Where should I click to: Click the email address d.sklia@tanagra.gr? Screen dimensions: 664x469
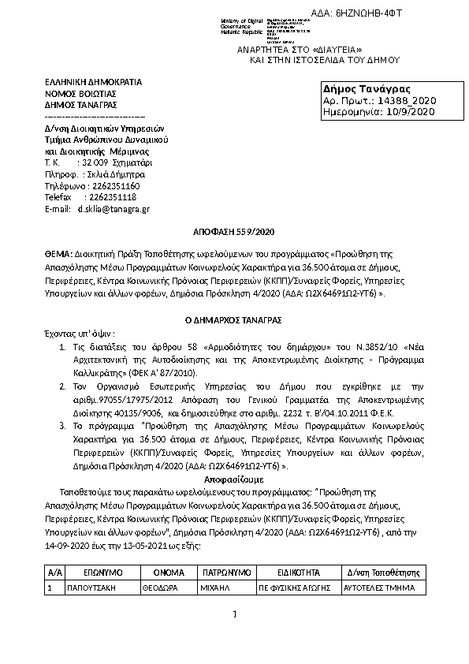pos(114,209)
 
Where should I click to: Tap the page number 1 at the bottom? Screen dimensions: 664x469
pos(234,614)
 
